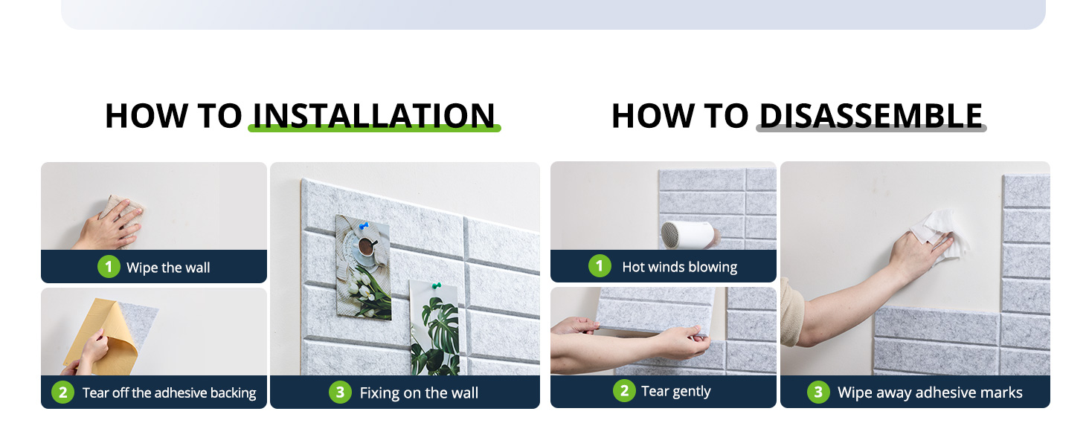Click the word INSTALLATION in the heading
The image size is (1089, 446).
pyautogui.click(x=374, y=116)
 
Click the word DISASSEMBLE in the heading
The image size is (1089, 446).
pyautogui.click(x=871, y=116)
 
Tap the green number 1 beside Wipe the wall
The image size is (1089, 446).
pyautogui.click(x=109, y=267)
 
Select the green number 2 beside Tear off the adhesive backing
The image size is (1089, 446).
pyautogui.click(x=62, y=392)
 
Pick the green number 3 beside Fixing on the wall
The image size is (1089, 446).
pyautogui.click(x=341, y=392)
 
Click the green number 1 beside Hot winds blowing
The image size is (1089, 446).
pyautogui.click(x=600, y=266)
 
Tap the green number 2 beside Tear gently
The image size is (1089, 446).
pyautogui.click(x=625, y=390)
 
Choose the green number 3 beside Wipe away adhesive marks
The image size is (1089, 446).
pyautogui.click(x=819, y=392)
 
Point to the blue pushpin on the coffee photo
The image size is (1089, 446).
pyautogui.click(x=364, y=226)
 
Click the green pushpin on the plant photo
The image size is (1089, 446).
pyautogui.click(x=436, y=285)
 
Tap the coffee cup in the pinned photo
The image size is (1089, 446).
pyautogui.click(x=367, y=246)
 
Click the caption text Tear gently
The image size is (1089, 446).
pyautogui.click(x=675, y=391)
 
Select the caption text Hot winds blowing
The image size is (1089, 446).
pyautogui.click(x=680, y=267)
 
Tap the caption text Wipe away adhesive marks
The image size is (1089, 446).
pyautogui.click(x=930, y=392)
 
